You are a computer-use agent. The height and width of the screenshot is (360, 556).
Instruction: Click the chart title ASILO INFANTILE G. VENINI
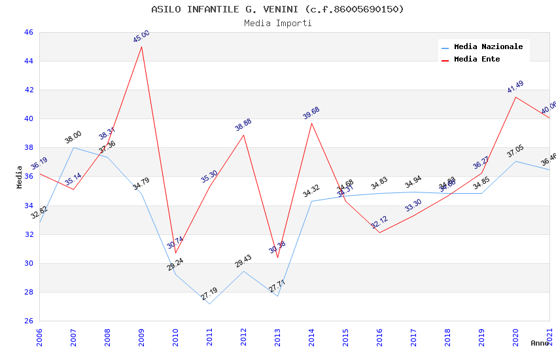click(277, 9)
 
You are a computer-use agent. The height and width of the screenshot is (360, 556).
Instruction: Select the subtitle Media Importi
click(277, 24)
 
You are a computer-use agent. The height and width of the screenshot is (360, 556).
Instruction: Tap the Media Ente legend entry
click(477, 60)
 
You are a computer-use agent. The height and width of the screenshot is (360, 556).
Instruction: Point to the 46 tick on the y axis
click(28, 32)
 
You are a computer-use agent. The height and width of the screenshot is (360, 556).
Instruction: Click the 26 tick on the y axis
click(28, 321)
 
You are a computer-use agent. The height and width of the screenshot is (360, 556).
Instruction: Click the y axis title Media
click(20, 177)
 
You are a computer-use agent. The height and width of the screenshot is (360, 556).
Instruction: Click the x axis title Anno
click(540, 343)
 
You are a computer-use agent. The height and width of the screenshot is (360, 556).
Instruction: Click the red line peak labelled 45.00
click(141, 46)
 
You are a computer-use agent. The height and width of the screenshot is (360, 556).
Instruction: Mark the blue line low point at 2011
click(209, 304)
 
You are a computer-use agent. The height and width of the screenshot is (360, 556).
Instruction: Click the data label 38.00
click(73, 137)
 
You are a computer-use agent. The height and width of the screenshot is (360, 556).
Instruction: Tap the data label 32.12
click(379, 223)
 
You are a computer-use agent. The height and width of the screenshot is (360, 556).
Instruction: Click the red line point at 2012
click(243, 135)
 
